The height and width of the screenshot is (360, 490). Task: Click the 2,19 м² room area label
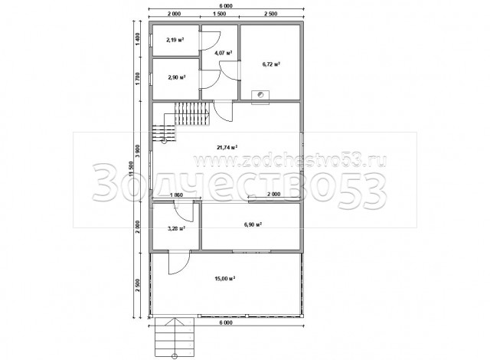tap(175, 40)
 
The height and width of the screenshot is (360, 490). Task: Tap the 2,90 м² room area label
tap(177, 77)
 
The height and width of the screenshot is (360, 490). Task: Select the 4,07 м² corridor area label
tap(223, 53)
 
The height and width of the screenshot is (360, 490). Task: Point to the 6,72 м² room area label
tap(271, 64)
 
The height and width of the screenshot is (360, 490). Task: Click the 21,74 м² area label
tap(227, 147)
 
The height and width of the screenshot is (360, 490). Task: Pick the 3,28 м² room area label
tap(177, 228)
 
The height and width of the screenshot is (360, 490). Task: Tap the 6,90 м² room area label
tap(253, 224)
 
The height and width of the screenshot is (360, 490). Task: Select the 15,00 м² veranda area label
tap(224, 278)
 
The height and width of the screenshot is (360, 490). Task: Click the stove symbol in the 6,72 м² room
tap(260, 94)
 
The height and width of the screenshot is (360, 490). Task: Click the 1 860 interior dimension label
tap(176, 195)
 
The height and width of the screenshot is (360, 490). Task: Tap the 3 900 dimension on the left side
tap(138, 152)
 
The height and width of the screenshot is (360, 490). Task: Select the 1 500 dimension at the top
tap(219, 14)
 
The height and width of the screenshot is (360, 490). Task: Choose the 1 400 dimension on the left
tap(138, 39)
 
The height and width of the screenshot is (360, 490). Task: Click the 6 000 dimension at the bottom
tap(226, 322)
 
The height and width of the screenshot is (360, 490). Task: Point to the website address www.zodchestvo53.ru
tap(290, 160)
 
